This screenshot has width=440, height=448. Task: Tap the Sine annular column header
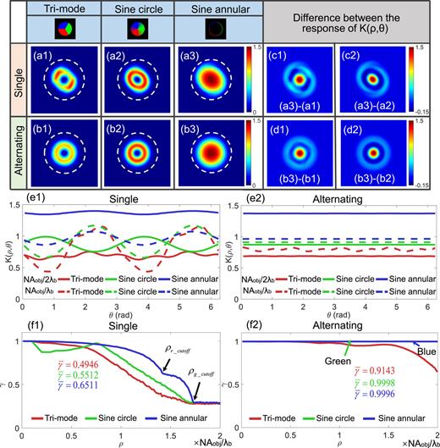[x=201, y=8]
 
